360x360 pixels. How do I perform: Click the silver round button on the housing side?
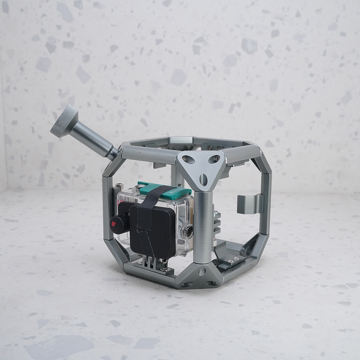coord(187,230)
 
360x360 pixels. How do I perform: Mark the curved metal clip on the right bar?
coord(249,204)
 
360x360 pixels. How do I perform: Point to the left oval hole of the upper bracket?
coord(187,160)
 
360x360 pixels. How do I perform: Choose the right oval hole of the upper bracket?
coord(216,160)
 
